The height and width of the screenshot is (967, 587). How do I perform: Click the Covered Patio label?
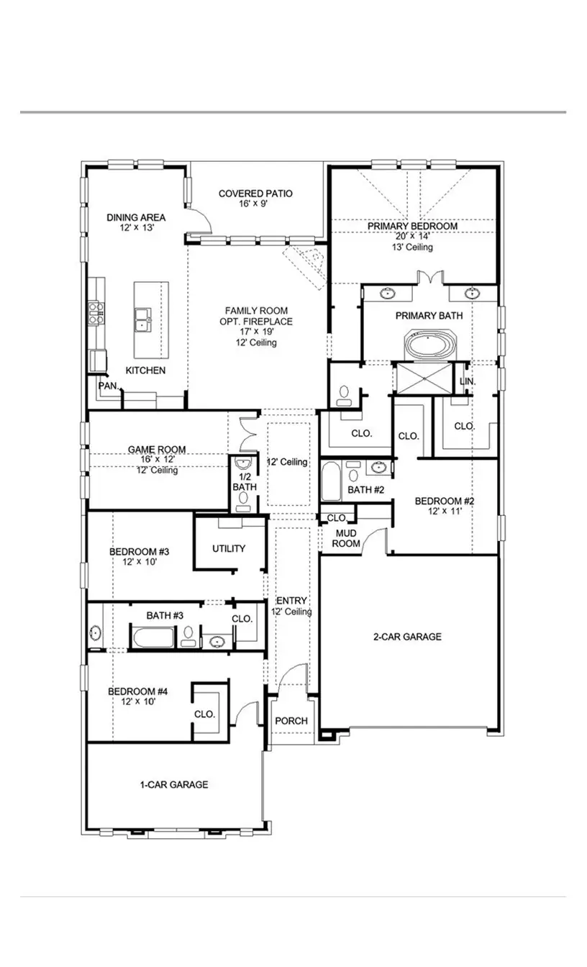pos(255,194)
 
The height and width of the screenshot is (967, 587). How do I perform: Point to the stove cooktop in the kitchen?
pos(96,311)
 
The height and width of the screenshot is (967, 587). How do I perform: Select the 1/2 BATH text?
pos(244,482)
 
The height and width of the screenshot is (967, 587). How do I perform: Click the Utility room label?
pos(229,548)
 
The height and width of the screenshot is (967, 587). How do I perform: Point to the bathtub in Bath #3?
pos(152,637)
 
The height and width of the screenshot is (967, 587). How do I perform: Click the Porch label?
pos(291,721)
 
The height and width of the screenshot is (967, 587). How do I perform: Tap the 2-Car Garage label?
pos(407,637)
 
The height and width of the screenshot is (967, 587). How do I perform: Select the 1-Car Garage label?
pos(173,784)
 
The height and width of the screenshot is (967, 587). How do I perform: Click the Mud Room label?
pos(346,538)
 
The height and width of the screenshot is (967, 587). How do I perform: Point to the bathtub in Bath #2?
pos(332,481)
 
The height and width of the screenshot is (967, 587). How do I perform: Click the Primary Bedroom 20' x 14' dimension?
pos(412,236)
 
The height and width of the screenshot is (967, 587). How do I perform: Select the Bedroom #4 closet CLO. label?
pos(204,714)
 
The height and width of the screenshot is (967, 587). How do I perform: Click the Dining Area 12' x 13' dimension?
pos(136,227)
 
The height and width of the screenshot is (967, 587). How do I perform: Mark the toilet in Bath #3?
pos(188,636)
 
